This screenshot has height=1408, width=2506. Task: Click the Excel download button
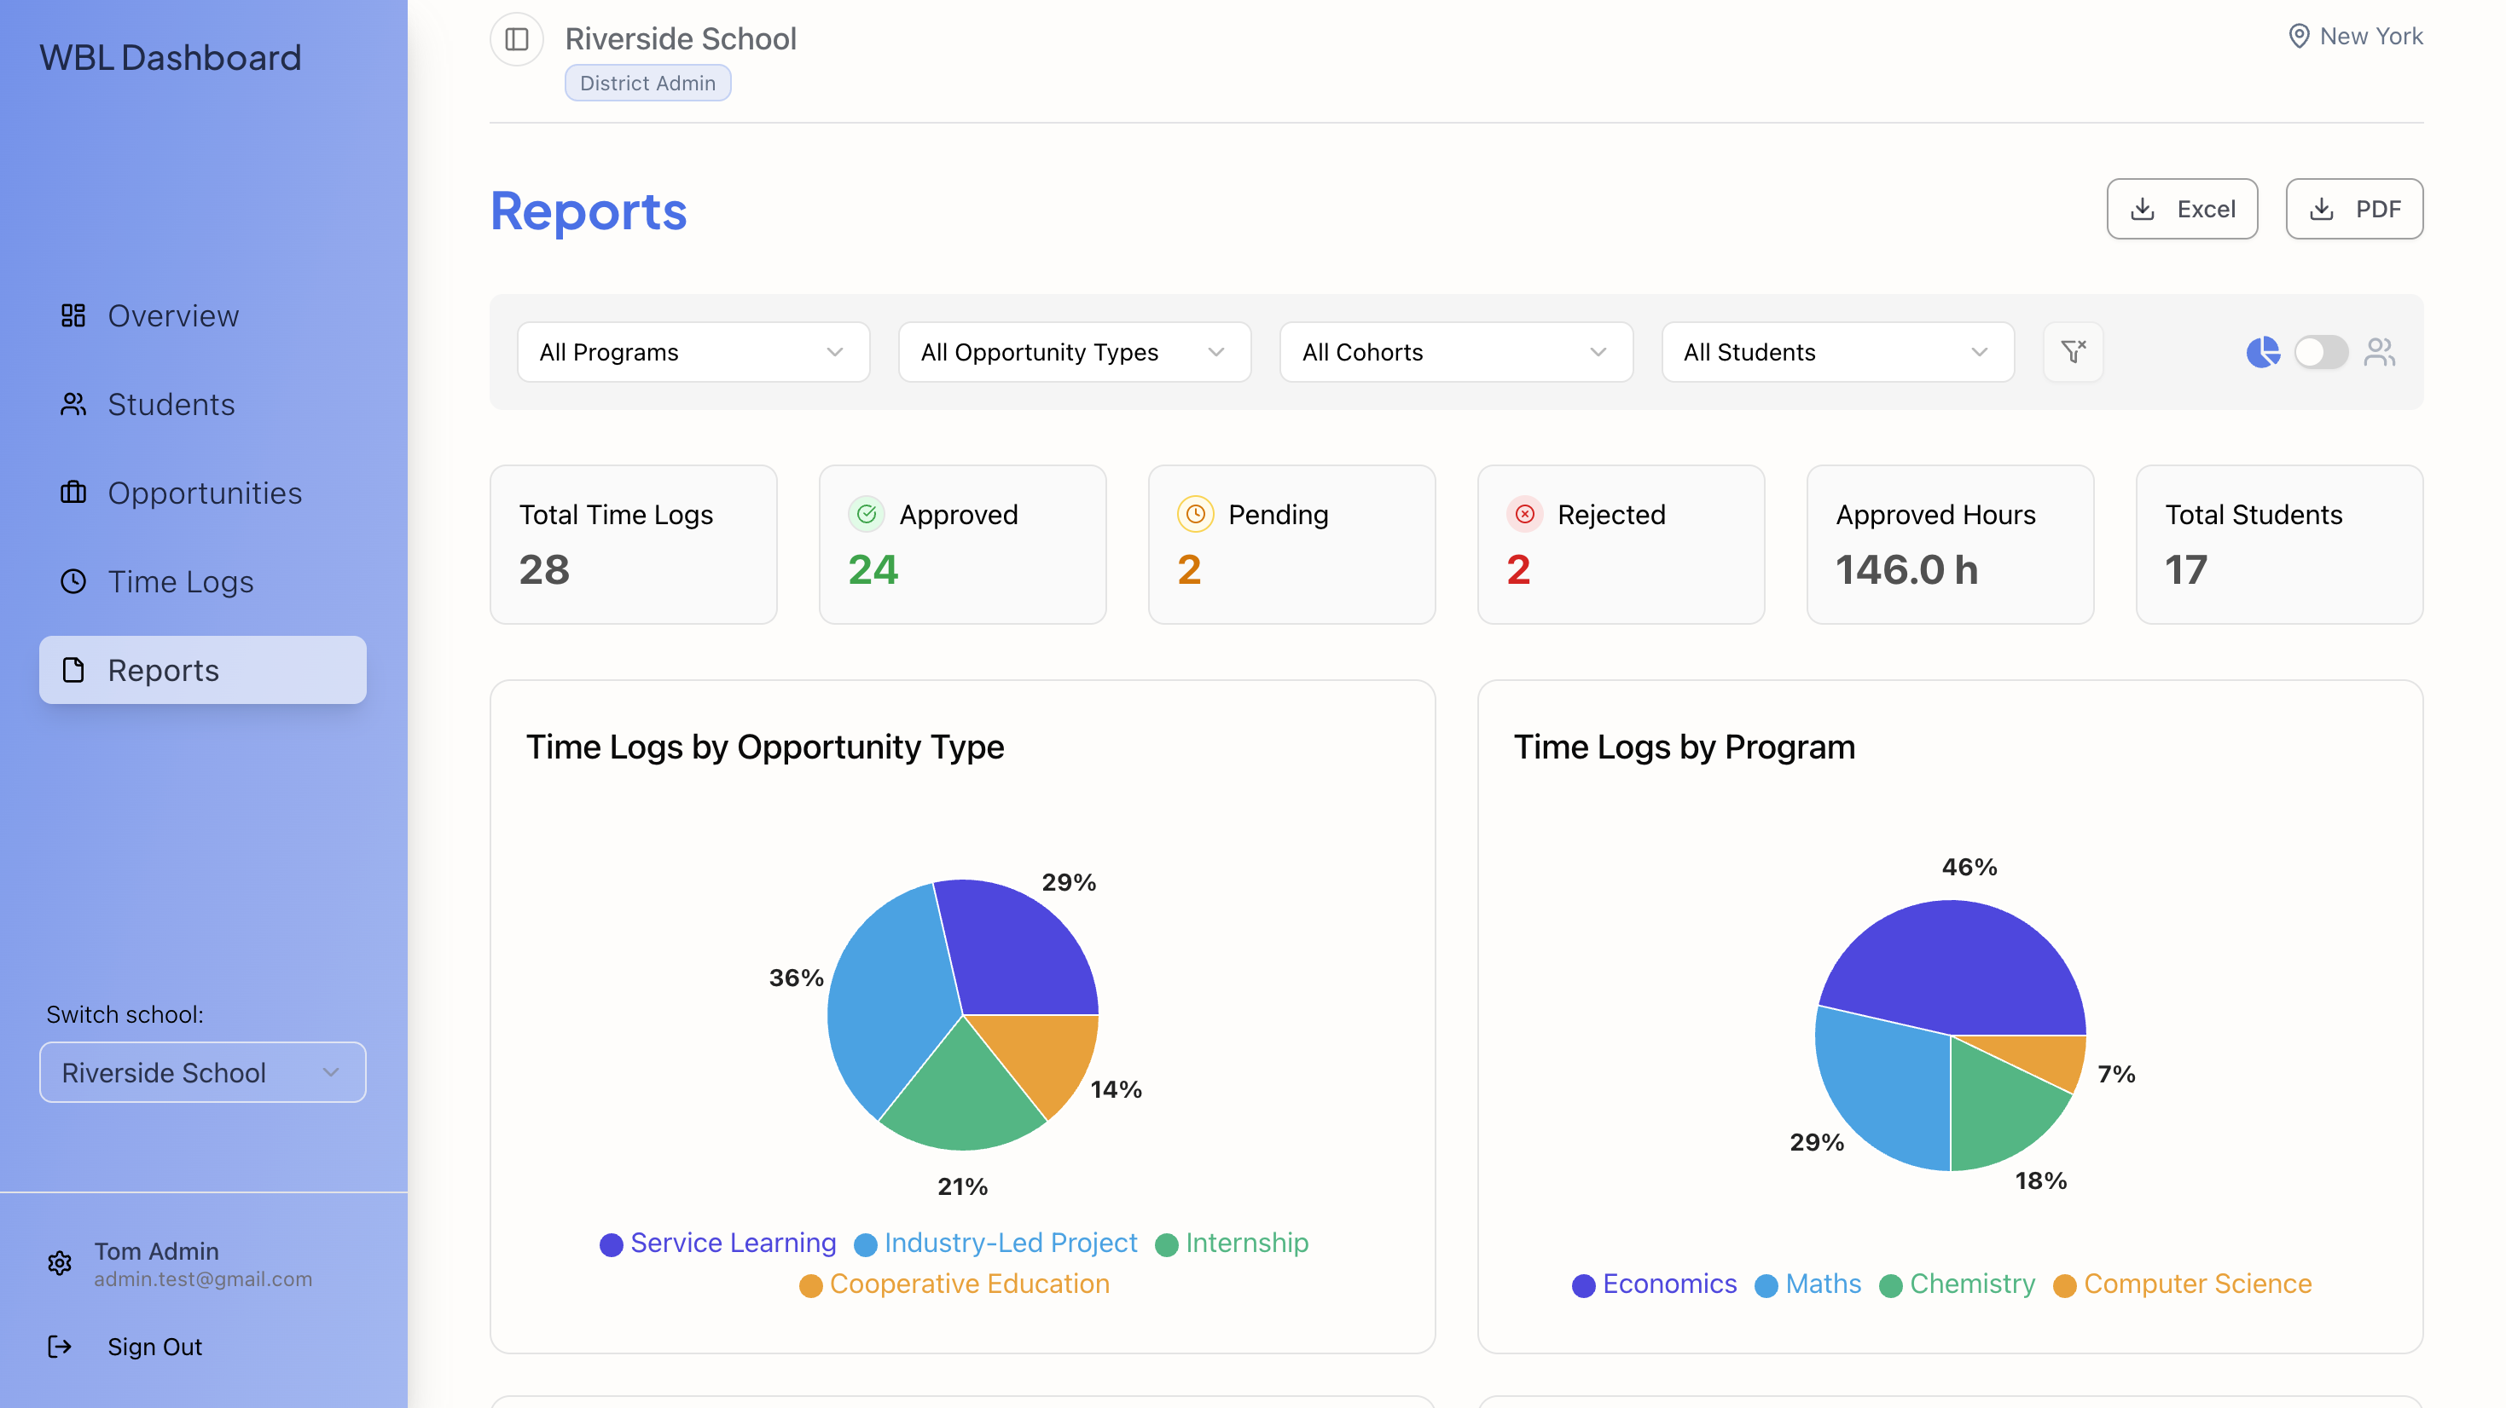click(x=2181, y=209)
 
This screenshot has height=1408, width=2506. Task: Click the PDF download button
click(x=2353, y=209)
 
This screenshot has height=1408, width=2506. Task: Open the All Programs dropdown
click(x=693, y=352)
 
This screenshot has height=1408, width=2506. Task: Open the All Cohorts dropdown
click(x=1455, y=352)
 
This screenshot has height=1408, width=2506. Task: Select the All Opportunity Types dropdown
click(x=1074, y=352)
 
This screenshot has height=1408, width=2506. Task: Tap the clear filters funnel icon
click(x=2073, y=352)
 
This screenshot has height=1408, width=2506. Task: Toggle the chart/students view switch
click(x=2320, y=352)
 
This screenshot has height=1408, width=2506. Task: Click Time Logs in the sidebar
click(x=180, y=581)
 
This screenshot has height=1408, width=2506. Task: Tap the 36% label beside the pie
click(x=796, y=978)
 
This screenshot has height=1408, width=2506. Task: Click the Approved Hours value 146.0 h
click(x=1906, y=570)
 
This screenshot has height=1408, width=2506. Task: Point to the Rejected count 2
click(x=1518, y=570)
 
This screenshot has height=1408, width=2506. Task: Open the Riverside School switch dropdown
click(x=202, y=1072)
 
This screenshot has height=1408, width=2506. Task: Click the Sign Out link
click(x=154, y=1347)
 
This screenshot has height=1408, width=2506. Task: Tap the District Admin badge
click(x=647, y=84)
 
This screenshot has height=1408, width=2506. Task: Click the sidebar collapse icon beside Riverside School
click(x=517, y=39)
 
